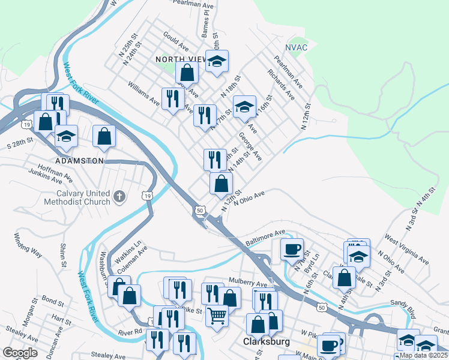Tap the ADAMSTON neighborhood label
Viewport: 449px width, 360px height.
[x=79, y=161]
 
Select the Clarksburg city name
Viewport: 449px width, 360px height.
[x=267, y=342]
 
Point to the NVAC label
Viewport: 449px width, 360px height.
[x=296, y=47]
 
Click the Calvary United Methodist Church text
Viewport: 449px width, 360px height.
[x=77, y=197]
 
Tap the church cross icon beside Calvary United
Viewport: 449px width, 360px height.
[x=119, y=196]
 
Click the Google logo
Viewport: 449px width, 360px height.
[x=20, y=353]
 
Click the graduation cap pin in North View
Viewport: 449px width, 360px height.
[x=217, y=61]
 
